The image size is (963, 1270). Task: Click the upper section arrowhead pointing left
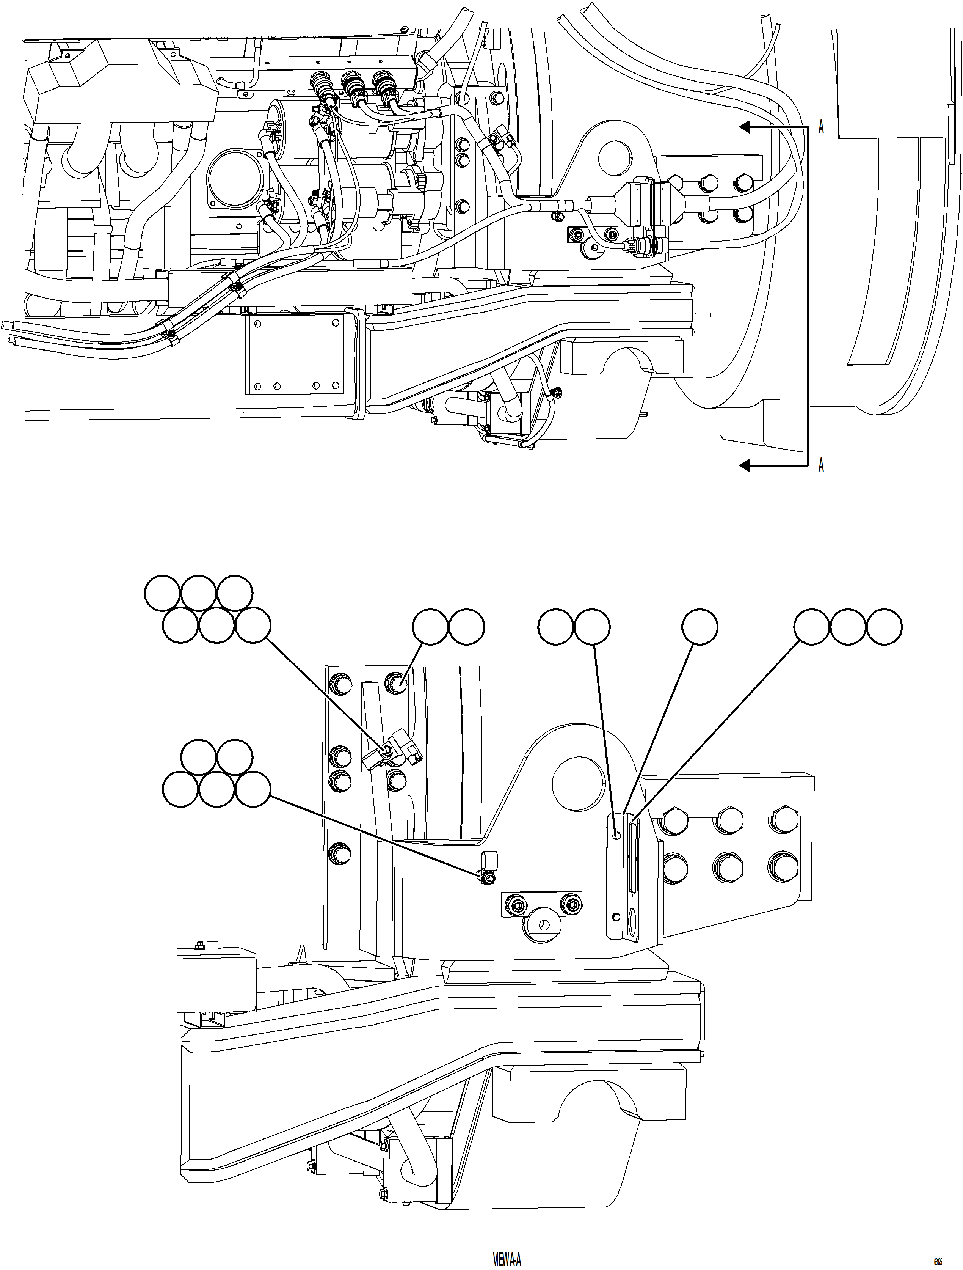pos(744,126)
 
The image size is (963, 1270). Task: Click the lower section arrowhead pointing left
pos(744,465)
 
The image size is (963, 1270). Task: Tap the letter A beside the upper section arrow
pos(821,127)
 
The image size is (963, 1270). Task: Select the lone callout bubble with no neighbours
pos(700,627)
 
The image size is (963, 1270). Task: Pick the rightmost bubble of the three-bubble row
pos(884,627)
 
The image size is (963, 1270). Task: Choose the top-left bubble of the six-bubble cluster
pos(162,593)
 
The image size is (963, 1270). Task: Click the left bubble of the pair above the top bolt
pos(430,627)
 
